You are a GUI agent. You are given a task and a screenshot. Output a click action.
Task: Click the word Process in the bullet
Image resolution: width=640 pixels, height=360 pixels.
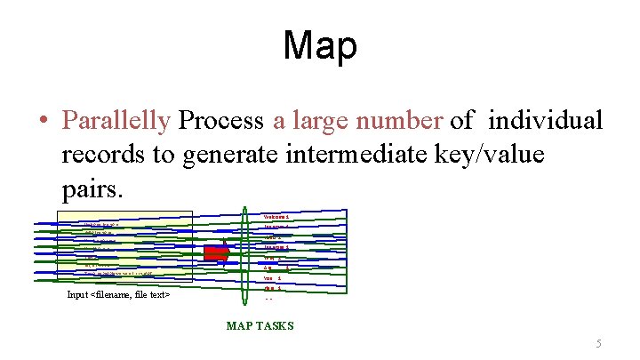point(220,120)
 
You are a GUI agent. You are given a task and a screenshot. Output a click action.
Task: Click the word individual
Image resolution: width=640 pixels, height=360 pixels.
point(546,120)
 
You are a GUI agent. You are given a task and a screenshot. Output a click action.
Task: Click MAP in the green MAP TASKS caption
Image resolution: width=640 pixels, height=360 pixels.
point(240,326)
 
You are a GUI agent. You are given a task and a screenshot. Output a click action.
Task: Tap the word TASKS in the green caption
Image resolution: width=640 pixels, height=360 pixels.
point(276,326)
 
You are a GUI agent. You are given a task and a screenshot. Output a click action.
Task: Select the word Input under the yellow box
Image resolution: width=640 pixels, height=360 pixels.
point(77,295)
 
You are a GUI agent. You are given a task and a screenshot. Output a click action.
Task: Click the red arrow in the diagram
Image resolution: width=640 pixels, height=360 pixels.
point(217,253)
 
